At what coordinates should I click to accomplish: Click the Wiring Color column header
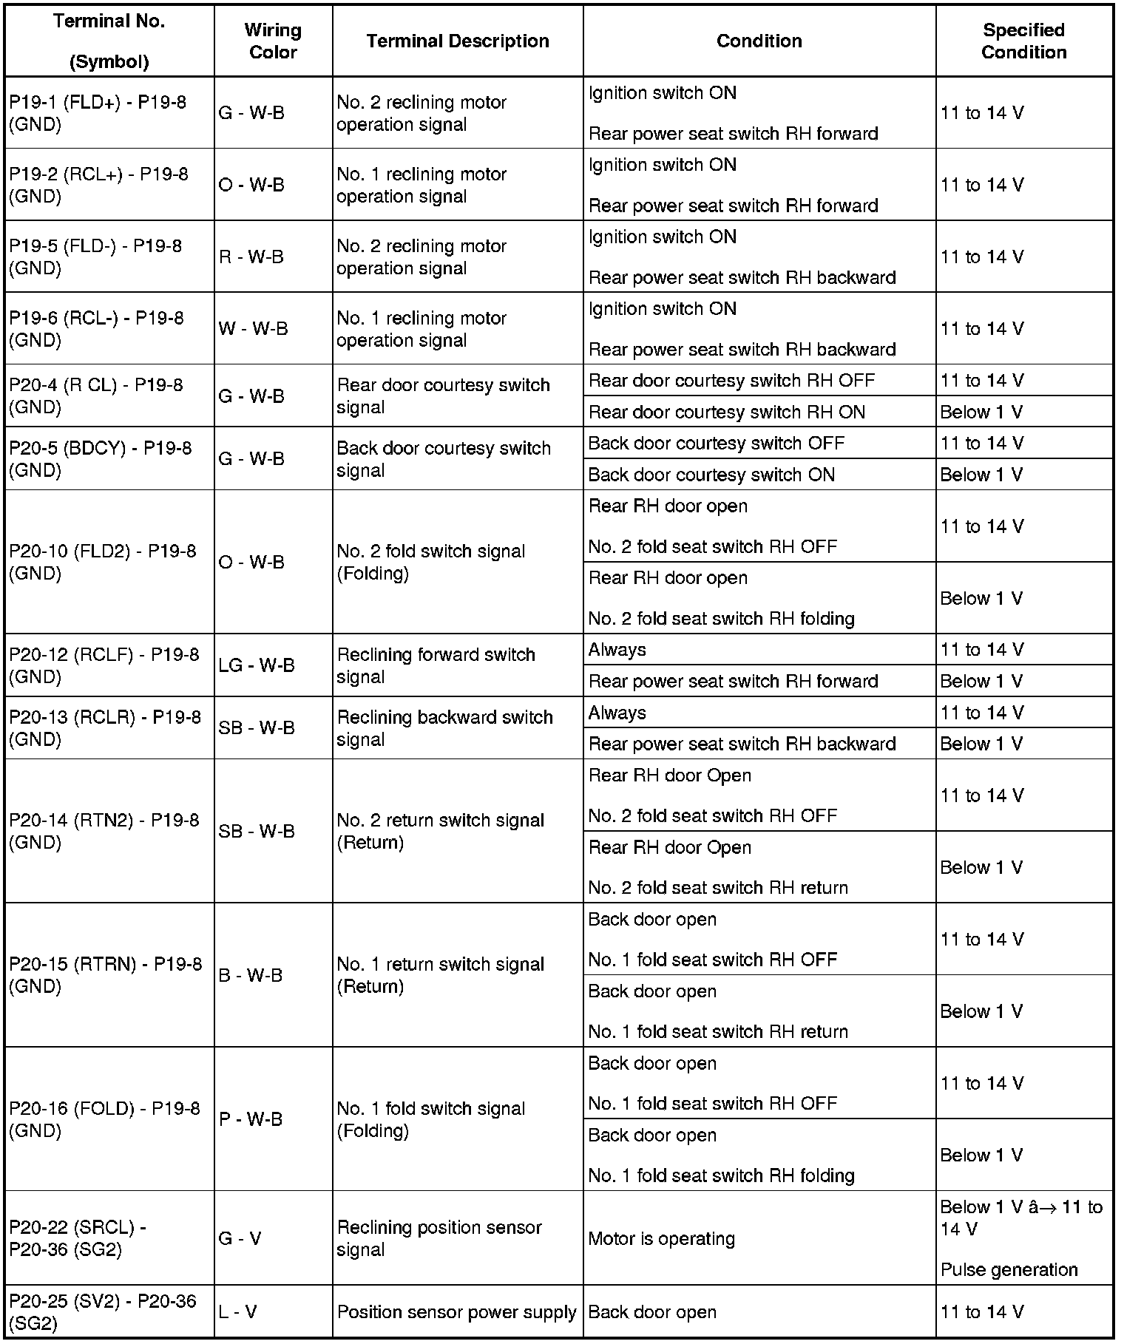[273, 41]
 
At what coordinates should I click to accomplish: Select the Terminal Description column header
[458, 41]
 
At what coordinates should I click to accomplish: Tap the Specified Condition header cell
[1023, 41]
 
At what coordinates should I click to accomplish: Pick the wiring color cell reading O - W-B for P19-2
[251, 185]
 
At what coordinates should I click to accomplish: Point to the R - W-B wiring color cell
[251, 257]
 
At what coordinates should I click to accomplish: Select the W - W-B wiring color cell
[253, 329]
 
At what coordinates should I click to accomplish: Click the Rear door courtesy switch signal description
[443, 396]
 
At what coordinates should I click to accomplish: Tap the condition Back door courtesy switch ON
[711, 475]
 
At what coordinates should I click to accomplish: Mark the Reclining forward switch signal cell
[436, 665]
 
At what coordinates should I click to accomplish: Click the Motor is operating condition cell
[661, 1238]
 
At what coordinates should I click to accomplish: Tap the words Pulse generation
[1009, 1269]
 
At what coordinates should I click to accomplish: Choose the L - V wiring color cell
[238, 1311]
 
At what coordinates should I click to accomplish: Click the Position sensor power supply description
[456, 1311]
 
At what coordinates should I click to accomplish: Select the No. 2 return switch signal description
[440, 831]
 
